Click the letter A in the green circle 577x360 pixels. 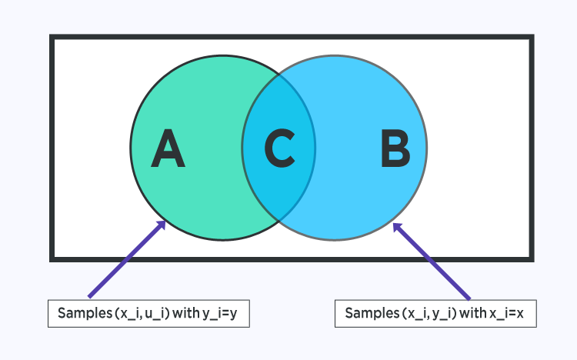point(168,149)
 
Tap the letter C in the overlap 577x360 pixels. point(279,149)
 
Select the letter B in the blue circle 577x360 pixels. point(395,149)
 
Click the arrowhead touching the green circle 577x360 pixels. point(161,225)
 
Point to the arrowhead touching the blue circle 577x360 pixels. point(398,227)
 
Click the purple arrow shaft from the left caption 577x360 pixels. point(127,259)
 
